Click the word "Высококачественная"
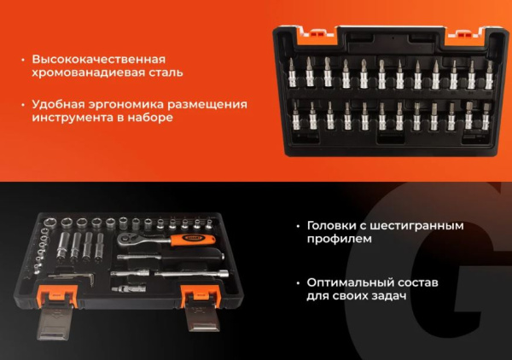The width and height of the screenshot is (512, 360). point(97,60)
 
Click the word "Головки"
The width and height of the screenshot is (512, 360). point(335,226)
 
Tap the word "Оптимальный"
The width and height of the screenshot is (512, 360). point(348,282)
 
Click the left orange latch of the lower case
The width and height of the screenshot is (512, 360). point(67,294)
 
